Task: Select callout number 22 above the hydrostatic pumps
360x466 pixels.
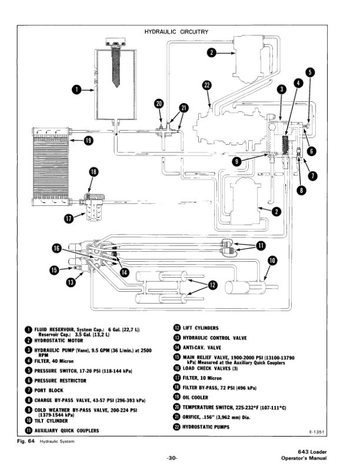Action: [x=206, y=85]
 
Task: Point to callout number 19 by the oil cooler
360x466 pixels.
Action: [x=88, y=140]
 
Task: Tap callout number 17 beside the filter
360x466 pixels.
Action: [x=69, y=219]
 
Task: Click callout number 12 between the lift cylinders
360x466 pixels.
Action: [x=212, y=285]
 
